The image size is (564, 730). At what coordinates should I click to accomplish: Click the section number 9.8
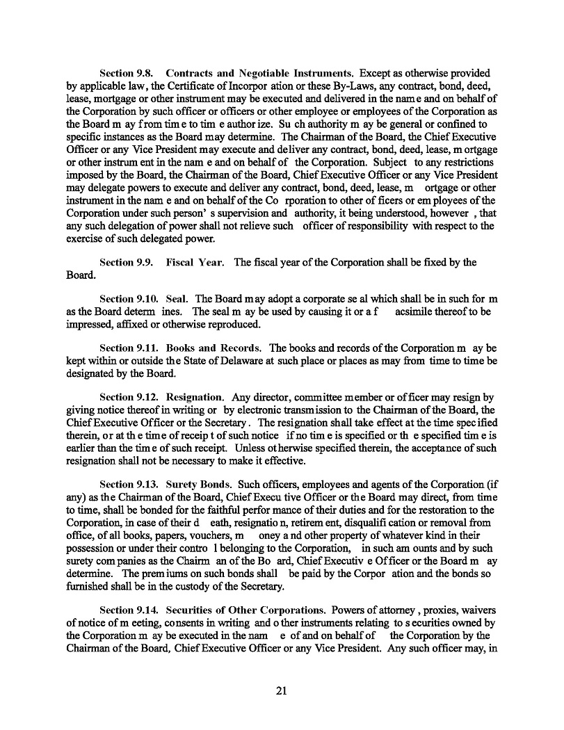tap(149, 73)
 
